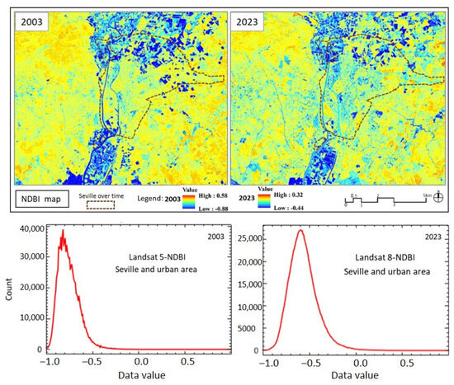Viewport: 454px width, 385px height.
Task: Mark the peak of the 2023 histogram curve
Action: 300,230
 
